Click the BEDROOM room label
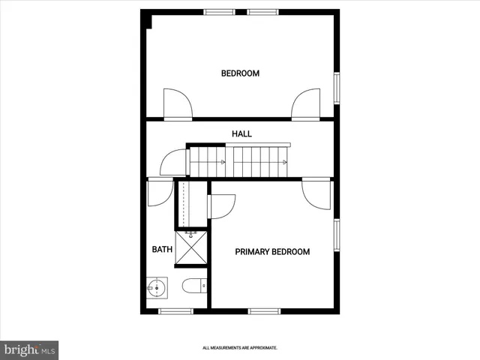coord(240,73)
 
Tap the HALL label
coord(241,134)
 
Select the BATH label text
coord(162,250)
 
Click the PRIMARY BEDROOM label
coord(272,252)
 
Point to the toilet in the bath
coord(193,286)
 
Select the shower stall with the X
coord(193,249)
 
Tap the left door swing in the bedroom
coord(178,103)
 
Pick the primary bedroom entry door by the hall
coord(316,193)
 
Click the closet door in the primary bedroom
coord(222,205)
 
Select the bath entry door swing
coord(160,193)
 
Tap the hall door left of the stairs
coord(172,162)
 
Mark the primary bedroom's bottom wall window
coord(265,311)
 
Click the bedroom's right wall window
coord(337,88)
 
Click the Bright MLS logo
coord(29,349)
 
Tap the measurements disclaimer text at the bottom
coord(240,348)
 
